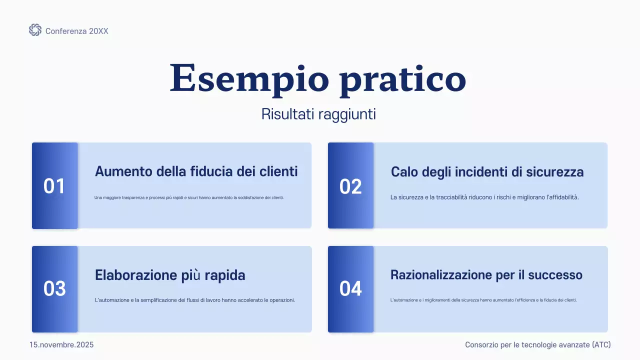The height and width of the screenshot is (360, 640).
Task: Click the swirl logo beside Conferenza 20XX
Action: tap(35, 30)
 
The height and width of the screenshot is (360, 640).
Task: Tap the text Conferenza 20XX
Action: tap(76, 31)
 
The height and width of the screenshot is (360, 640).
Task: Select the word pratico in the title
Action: tap(403, 80)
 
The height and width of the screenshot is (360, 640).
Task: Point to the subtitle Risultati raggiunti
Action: tap(318, 114)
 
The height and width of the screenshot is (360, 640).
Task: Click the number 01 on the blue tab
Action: tap(54, 186)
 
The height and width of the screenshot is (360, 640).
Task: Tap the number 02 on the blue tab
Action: tap(350, 186)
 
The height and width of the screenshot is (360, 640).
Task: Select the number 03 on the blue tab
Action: tap(54, 289)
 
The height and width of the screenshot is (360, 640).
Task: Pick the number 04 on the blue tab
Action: tap(350, 289)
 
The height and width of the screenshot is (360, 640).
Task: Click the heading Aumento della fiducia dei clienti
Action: tap(196, 171)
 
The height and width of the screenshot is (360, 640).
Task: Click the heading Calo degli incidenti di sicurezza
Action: tap(487, 172)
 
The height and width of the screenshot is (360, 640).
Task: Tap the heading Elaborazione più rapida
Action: tap(170, 275)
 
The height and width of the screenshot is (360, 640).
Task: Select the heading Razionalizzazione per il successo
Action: tap(486, 275)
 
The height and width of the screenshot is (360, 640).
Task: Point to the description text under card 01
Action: tap(189, 197)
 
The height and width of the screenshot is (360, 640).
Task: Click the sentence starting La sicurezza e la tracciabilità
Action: tap(484, 197)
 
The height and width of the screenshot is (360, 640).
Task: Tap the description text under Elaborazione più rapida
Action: tap(194, 300)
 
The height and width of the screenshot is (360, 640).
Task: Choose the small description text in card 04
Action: tap(483, 300)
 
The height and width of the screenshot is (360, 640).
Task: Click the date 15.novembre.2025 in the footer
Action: tap(61, 345)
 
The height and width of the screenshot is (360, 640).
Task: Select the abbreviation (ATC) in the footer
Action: tap(601, 345)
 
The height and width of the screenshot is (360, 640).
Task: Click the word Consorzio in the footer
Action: tap(481, 345)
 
